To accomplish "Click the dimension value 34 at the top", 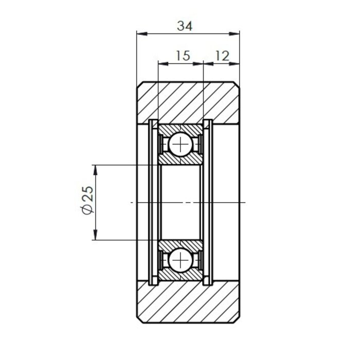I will coord(184,26).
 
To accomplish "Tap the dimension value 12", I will coord(222,55).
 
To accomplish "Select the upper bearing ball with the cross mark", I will coord(181,144).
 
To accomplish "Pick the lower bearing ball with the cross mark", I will coord(181,260).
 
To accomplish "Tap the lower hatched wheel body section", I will coord(188,303).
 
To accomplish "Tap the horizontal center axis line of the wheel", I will coord(226,203).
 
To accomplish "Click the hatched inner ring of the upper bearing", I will coord(181,160).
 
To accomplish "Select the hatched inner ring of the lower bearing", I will coord(181,244).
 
